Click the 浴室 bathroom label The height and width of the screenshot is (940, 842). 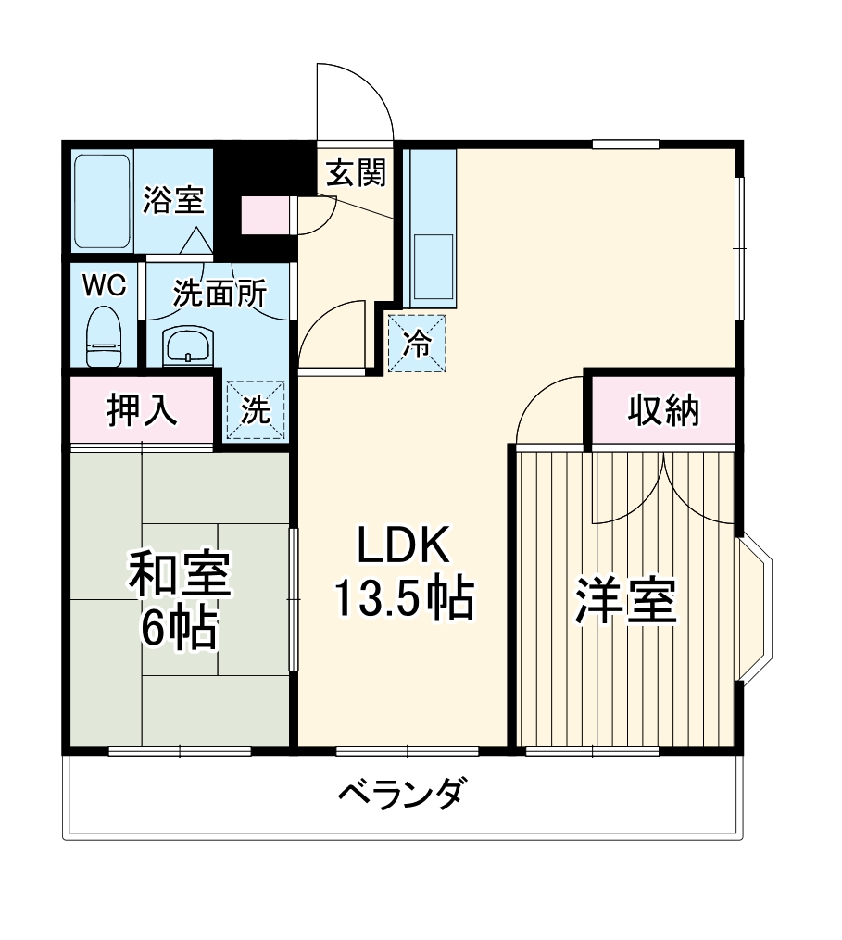pyautogui.click(x=173, y=199)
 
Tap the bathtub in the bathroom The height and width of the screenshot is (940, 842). pyautogui.click(x=101, y=201)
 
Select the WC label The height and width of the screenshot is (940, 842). pyautogui.click(x=104, y=286)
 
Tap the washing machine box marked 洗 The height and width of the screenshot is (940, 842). pyautogui.click(x=256, y=410)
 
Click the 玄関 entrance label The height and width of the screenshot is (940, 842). pyautogui.click(x=355, y=172)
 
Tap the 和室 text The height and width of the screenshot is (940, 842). pyautogui.click(x=179, y=576)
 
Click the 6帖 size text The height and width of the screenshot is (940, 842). pyautogui.click(x=179, y=630)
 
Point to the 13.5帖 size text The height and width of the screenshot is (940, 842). pyautogui.click(x=403, y=599)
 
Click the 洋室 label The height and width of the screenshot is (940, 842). pyautogui.click(x=625, y=602)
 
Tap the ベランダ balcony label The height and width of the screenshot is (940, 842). pyautogui.click(x=399, y=794)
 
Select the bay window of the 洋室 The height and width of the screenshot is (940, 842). pyautogui.click(x=754, y=607)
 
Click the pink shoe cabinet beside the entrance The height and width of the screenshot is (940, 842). pyautogui.click(x=266, y=216)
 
